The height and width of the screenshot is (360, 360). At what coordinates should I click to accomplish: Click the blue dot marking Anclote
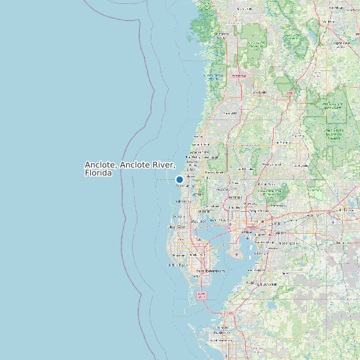click(x=179, y=179)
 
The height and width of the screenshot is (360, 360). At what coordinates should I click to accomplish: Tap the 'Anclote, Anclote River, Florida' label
click(x=130, y=169)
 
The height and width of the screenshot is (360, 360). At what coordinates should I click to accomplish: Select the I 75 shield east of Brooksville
click(x=290, y=94)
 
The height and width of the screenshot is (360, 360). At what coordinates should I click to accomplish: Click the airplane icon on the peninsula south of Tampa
click(x=237, y=254)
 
